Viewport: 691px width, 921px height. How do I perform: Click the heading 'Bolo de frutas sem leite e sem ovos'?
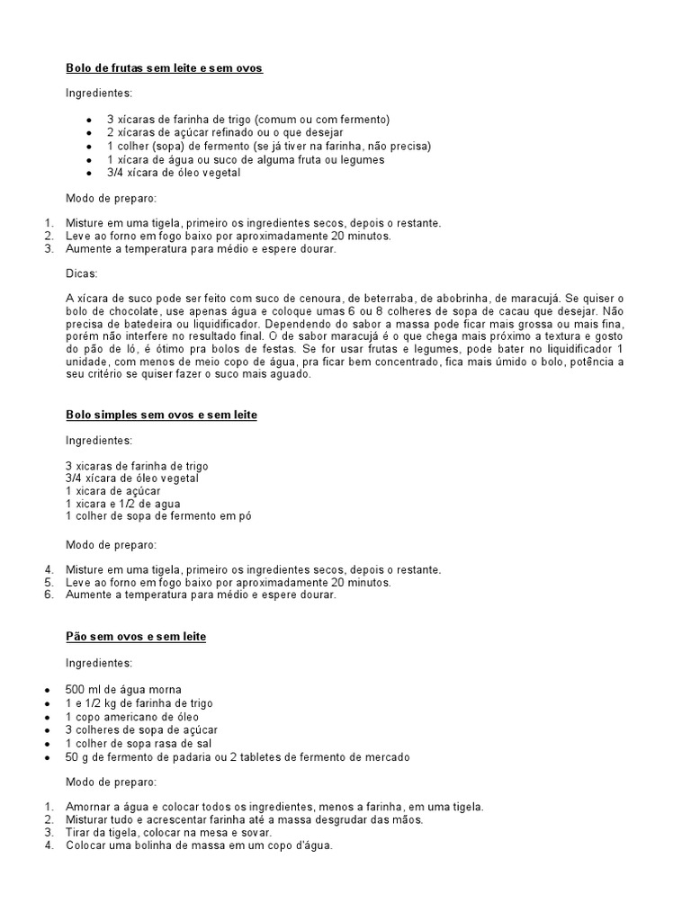tap(164, 68)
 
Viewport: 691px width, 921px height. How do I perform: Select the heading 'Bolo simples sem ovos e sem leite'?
tap(161, 415)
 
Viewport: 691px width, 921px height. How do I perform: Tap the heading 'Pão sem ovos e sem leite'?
tap(136, 637)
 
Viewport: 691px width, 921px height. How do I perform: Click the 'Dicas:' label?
tap(82, 273)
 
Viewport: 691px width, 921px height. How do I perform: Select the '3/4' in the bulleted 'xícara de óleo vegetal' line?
tap(116, 173)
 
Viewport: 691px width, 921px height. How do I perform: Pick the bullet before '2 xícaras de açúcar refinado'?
tap(88, 133)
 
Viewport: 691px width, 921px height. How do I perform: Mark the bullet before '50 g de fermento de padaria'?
tap(47, 757)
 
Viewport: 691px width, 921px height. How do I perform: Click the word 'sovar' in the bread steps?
tap(249, 833)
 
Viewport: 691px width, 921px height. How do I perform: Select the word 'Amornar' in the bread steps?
tap(87, 806)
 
